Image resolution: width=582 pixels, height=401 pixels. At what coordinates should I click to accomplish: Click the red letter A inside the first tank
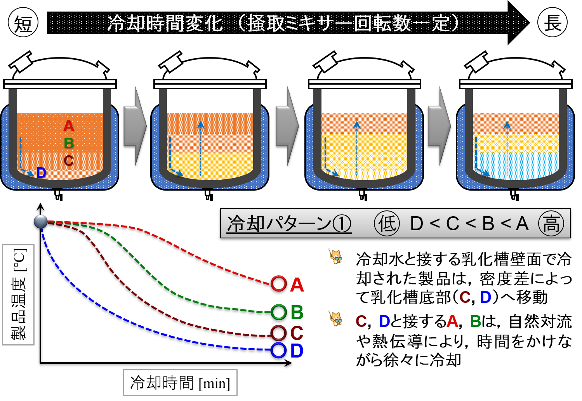point(69,126)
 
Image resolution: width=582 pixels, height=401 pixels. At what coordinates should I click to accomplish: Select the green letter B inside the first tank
point(69,143)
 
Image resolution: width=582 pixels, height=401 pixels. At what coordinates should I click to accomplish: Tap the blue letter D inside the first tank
point(41,173)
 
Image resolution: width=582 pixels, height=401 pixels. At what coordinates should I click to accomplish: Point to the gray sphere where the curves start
point(41,222)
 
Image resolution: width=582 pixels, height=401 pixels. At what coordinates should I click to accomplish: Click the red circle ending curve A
point(278,284)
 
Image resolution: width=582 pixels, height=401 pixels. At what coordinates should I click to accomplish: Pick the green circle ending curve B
point(278,312)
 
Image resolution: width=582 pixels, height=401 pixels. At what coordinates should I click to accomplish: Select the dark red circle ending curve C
point(278,333)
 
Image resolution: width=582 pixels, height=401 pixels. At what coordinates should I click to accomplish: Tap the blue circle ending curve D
point(278,350)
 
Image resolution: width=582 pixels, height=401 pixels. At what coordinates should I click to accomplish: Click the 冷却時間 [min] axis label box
point(180,383)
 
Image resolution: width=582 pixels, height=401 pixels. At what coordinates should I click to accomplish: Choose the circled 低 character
point(387,224)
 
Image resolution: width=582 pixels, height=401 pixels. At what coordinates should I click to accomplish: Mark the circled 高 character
point(551,224)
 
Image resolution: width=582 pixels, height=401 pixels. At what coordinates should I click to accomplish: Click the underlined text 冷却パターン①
point(289,224)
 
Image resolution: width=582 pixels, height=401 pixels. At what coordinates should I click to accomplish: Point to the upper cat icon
point(335,256)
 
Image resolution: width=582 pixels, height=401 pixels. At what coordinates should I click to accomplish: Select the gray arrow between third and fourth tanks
point(439,126)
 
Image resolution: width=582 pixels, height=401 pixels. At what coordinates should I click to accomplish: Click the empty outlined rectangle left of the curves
point(18,295)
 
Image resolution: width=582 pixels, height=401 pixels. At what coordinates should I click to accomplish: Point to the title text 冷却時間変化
point(165,23)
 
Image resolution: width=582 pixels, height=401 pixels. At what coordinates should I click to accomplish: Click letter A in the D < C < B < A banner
point(522,224)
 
